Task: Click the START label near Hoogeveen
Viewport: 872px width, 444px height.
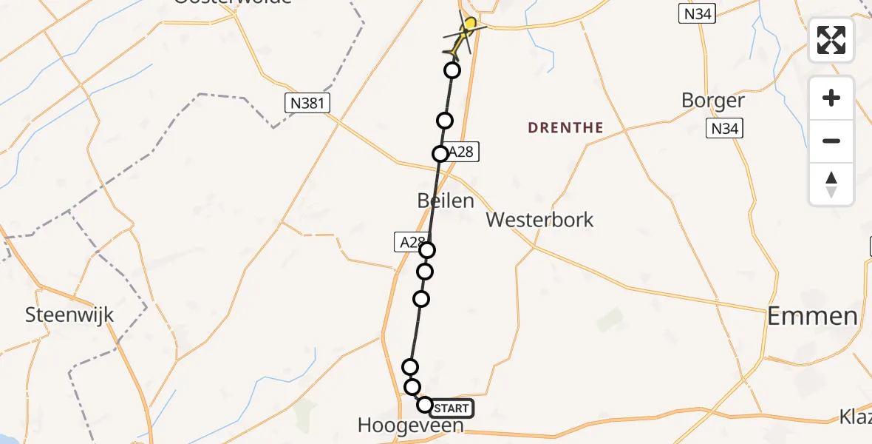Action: [451, 408]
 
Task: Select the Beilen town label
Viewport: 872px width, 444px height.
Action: [446, 200]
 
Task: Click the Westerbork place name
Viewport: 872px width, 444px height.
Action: [539, 220]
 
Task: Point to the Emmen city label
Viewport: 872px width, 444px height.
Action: [812, 317]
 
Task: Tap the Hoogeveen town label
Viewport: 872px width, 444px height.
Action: [410, 425]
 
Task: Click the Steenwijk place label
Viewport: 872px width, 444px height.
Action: [69, 314]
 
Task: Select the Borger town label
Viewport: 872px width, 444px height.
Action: [713, 101]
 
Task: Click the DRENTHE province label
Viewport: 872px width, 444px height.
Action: [565, 128]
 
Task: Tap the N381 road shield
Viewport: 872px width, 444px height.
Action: [307, 104]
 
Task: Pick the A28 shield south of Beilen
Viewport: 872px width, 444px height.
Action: [411, 242]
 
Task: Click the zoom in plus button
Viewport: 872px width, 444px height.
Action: [831, 98]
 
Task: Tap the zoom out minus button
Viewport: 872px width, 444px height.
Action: [831, 141]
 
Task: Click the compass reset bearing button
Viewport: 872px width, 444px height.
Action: [831, 184]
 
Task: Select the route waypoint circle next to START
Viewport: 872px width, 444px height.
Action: [425, 405]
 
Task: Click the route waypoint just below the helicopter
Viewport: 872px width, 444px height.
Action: [452, 70]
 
